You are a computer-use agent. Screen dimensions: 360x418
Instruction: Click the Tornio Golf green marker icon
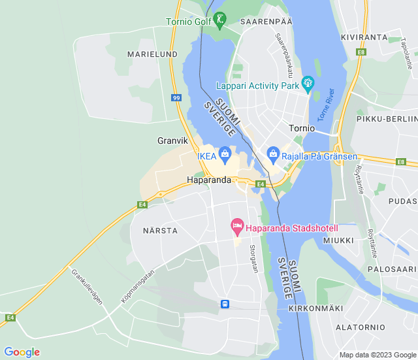click(x=220, y=20)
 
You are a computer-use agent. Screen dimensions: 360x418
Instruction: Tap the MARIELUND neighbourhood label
click(x=152, y=54)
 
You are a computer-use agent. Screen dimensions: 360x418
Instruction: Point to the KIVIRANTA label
click(x=364, y=37)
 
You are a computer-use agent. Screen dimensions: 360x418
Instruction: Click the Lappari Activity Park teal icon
click(x=308, y=84)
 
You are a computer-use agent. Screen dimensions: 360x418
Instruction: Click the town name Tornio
click(x=302, y=128)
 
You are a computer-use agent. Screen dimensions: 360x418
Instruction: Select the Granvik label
click(x=172, y=140)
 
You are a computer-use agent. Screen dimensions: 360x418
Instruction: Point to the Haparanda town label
click(x=209, y=180)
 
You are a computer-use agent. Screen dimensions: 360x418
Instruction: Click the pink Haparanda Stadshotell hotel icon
click(x=238, y=228)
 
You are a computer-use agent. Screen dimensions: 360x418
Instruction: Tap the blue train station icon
click(x=225, y=304)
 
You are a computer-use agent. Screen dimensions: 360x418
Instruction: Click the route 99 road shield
click(x=176, y=98)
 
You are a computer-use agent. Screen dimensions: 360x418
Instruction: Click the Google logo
click(x=22, y=352)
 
